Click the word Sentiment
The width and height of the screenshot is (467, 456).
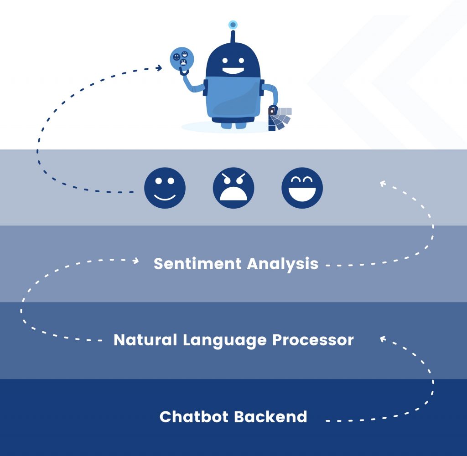tap(197, 264)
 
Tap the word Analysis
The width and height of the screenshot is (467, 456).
tap(283, 264)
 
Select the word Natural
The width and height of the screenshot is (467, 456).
tap(145, 340)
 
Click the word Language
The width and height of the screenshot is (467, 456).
tap(224, 341)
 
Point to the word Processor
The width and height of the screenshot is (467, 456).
tap(313, 340)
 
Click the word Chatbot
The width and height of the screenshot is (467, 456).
tap(194, 416)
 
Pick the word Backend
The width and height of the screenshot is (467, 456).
tap(270, 416)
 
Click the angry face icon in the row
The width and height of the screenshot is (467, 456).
tap(233, 188)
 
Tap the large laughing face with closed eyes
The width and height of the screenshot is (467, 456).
tap(302, 188)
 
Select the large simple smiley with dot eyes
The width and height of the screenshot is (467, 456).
tap(165, 188)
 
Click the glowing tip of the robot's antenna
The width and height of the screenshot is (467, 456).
tap(233, 25)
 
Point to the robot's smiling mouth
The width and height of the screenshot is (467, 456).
tap(233, 71)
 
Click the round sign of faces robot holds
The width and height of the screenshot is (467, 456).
tap(182, 59)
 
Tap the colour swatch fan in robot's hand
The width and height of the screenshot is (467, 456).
tap(280, 119)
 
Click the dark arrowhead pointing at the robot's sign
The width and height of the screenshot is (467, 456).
tap(159, 68)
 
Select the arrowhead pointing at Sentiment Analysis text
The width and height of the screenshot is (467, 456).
tap(136, 261)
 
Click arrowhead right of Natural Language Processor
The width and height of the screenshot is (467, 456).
tap(383, 339)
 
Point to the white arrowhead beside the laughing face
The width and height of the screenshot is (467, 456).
tap(383, 184)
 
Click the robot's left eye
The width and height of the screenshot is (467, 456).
tap(225, 61)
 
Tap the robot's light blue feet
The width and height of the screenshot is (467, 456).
tap(233, 125)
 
